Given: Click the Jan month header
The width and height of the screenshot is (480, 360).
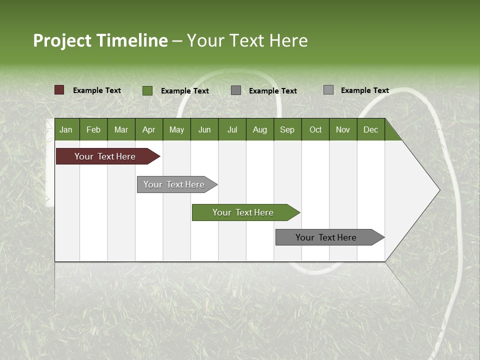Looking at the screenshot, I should point(66,130).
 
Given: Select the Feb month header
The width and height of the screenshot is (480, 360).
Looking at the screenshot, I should point(93,130).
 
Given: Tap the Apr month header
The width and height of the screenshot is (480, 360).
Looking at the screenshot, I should point(148,130).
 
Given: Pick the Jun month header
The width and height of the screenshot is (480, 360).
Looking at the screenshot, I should point(204,130).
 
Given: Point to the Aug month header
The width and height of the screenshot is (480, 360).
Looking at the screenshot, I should point(259,130).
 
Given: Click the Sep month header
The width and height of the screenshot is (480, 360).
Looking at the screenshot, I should point(287,130).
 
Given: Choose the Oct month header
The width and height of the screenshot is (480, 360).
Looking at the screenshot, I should point(315,130).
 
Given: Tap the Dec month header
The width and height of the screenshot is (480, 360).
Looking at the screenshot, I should point(370,130).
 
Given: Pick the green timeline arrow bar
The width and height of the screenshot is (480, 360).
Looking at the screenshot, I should point(243,212).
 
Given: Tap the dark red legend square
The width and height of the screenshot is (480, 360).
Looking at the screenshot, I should point(59,90).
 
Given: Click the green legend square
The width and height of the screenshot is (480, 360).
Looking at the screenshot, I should point(147,90).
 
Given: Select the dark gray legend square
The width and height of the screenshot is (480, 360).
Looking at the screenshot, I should point(236,90).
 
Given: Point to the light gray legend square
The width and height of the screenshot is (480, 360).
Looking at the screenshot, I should point(328,90).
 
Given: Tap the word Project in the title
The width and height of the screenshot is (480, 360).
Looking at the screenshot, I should point(62,40).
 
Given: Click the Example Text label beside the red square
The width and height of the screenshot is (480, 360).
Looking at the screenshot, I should point(97,90).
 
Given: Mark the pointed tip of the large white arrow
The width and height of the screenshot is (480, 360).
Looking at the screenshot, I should point(439,190).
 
